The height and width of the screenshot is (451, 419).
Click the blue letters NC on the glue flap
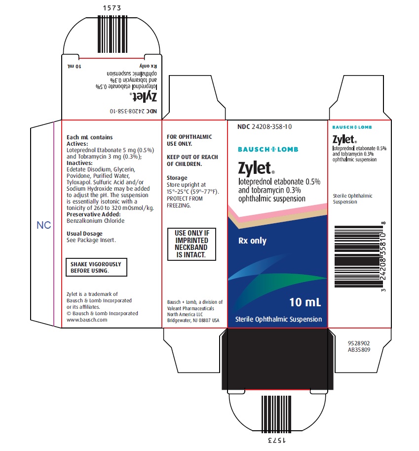[x=44, y=225]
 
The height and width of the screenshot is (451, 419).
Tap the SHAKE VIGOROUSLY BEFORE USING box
[x=96, y=267]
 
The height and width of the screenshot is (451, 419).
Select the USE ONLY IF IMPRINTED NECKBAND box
[x=191, y=244]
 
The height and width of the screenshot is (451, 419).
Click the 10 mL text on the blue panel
[x=305, y=302]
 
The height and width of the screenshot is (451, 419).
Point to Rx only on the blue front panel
[x=252, y=241]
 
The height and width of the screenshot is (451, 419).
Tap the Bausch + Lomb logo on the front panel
[x=268, y=149]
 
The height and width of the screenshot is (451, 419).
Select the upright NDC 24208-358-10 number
[x=265, y=126]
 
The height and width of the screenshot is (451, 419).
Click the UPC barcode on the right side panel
[x=359, y=256]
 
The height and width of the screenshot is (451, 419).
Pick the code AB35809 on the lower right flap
[x=359, y=350]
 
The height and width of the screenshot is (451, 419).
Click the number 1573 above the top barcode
[x=112, y=8]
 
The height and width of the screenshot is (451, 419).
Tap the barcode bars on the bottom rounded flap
[x=276, y=414]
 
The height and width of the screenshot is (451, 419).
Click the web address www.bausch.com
[x=87, y=320]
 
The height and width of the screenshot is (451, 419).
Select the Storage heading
[x=177, y=178]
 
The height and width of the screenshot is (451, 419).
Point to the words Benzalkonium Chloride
[x=95, y=221]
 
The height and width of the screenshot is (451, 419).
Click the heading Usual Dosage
[x=84, y=234]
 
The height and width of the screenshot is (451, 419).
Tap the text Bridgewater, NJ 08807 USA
[x=193, y=321]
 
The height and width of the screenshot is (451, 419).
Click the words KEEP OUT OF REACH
[x=192, y=157]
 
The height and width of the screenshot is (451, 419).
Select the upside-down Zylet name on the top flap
[x=145, y=97]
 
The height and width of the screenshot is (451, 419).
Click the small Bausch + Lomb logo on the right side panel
[x=352, y=127]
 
